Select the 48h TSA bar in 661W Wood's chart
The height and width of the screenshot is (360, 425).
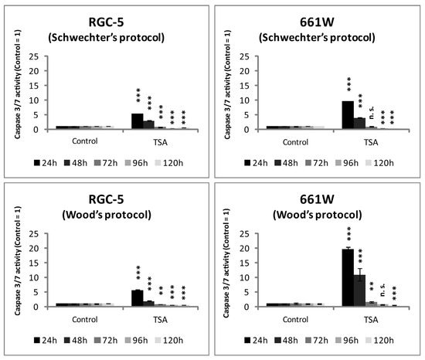[x=359, y=290]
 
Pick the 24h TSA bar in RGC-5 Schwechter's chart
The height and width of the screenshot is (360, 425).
[x=138, y=121]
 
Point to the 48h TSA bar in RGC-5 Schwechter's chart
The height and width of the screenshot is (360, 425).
[x=149, y=125]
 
